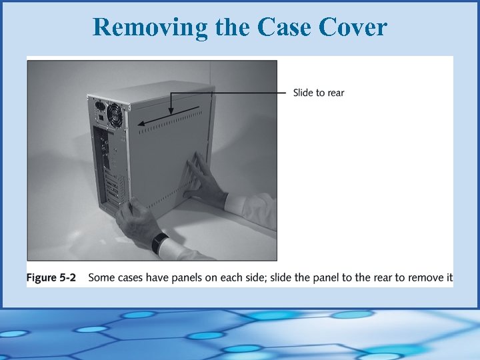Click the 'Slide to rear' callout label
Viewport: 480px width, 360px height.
(319, 93)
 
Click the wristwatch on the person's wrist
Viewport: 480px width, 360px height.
(159, 242)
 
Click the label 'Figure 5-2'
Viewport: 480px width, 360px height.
(51, 277)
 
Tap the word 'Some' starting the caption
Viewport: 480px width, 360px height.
(102, 277)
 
